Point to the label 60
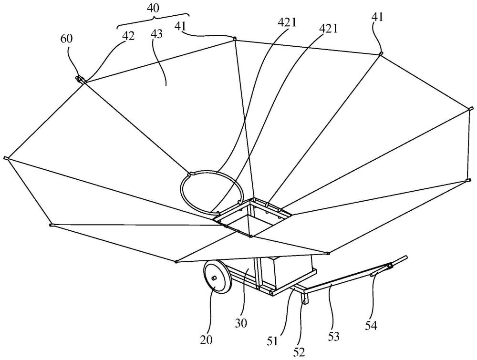tap(67, 40)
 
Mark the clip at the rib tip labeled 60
tap(80, 78)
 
